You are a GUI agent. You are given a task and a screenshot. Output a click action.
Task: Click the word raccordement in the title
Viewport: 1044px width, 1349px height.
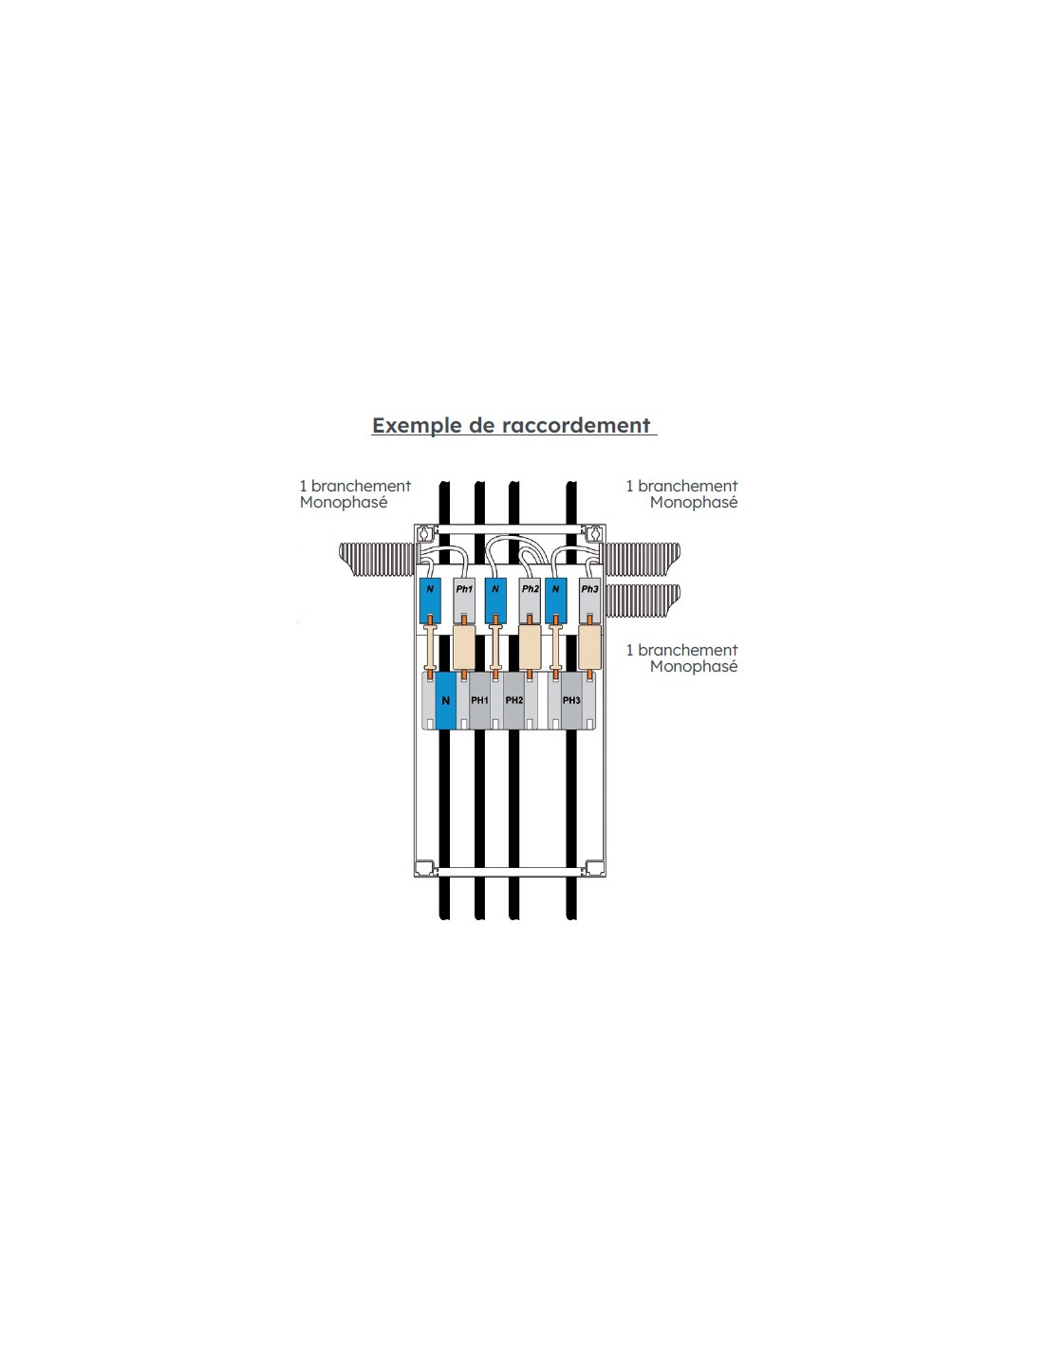click(576, 425)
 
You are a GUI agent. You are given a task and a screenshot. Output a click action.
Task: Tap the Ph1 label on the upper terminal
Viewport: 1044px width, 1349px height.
click(464, 588)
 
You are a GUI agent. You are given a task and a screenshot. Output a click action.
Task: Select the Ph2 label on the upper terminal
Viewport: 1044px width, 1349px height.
click(530, 588)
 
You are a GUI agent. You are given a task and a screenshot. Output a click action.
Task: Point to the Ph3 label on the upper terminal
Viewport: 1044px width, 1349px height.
click(589, 588)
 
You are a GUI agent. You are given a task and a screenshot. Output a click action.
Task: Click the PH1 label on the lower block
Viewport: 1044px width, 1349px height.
click(479, 700)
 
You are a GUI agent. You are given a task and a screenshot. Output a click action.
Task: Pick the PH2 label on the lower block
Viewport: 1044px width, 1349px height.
click(514, 700)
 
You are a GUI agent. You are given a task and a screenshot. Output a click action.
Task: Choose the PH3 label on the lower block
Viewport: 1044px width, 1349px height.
click(571, 700)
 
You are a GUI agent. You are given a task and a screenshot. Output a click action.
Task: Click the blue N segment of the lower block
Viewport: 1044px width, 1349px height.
click(445, 700)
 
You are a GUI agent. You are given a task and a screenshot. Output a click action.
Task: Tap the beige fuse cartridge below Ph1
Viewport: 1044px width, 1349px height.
click(464, 647)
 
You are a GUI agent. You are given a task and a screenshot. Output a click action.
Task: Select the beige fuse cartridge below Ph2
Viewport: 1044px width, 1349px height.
click(530, 647)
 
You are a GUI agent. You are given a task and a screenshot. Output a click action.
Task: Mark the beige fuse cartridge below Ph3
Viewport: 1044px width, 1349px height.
click(589, 647)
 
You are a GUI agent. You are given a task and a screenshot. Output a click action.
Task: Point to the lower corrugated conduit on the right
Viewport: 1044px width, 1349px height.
click(643, 601)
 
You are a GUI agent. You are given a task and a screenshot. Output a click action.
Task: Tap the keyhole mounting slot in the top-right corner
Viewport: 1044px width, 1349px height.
click(594, 533)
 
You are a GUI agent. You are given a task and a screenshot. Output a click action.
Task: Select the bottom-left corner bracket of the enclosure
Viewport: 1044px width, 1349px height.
click(425, 868)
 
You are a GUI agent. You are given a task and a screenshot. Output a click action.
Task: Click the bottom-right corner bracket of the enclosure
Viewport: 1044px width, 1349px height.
click(595, 868)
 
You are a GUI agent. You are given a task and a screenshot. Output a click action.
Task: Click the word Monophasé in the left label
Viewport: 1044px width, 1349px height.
click(344, 503)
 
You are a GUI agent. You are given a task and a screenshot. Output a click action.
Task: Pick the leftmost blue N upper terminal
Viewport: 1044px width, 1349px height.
click(430, 601)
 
